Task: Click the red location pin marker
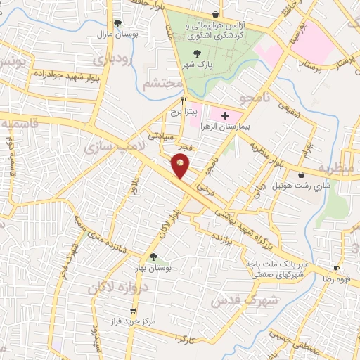(180, 165)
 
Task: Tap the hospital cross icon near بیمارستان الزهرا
(225, 115)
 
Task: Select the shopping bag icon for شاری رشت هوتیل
(302, 174)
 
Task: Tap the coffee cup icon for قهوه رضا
(336, 268)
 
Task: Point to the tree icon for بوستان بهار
(153, 257)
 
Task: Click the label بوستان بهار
(153, 269)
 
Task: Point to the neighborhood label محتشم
(162, 85)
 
